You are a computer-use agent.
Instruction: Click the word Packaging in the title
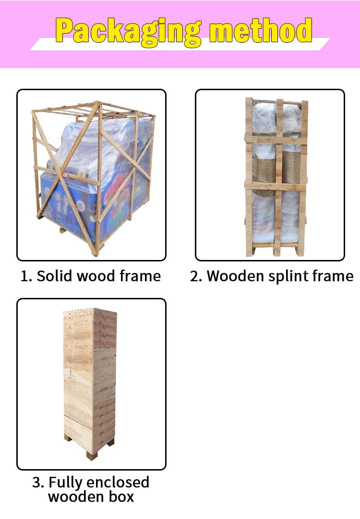(129, 32)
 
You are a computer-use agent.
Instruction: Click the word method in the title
(261, 30)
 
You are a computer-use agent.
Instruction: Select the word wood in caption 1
(96, 276)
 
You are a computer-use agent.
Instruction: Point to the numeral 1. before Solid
(26, 276)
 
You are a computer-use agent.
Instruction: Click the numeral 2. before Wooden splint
(196, 276)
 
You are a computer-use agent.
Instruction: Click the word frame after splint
(333, 276)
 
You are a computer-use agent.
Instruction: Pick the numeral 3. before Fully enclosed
(38, 483)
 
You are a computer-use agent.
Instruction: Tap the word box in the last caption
(122, 496)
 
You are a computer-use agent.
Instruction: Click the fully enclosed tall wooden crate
(90, 383)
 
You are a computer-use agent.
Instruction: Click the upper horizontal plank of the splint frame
(276, 138)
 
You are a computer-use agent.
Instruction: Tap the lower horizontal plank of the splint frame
(276, 186)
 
